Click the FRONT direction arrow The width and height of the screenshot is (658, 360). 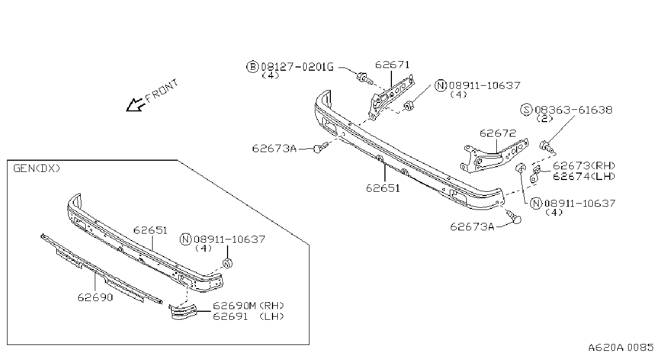click(134, 105)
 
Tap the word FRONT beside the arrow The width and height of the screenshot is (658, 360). click(162, 91)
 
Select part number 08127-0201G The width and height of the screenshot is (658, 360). click(297, 67)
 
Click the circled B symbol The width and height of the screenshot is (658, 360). click(252, 67)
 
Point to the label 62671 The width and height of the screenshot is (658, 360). click(392, 65)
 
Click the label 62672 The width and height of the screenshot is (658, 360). click(497, 133)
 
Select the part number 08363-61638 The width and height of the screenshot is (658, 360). click(573, 110)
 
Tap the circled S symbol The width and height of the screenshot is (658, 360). click(526, 110)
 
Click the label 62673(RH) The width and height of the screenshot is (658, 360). click(584, 166)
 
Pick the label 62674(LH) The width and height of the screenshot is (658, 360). click(584, 176)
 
